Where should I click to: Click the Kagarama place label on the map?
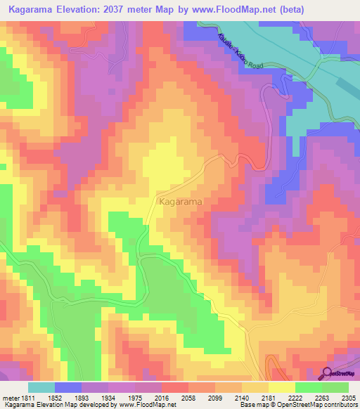(181, 202)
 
